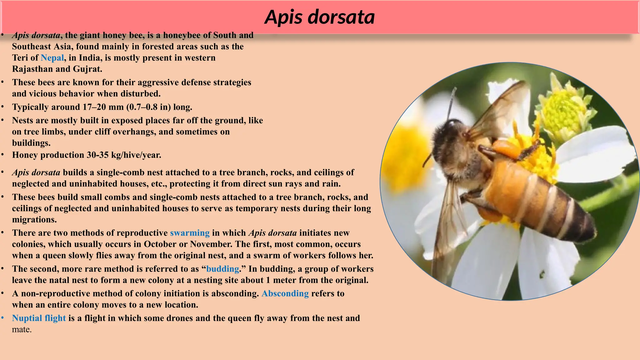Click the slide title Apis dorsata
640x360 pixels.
click(x=319, y=17)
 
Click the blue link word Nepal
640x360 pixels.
click(x=52, y=58)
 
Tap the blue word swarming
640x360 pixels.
click(x=190, y=233)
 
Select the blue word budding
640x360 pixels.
click(x=222, y=269)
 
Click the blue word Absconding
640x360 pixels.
click(x=285, y=293)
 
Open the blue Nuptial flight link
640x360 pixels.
click(x=39, y=318)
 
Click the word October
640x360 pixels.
click(x=160, y=244)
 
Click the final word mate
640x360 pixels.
click(x=22, y=329)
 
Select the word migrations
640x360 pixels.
click(x=34, y=220)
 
